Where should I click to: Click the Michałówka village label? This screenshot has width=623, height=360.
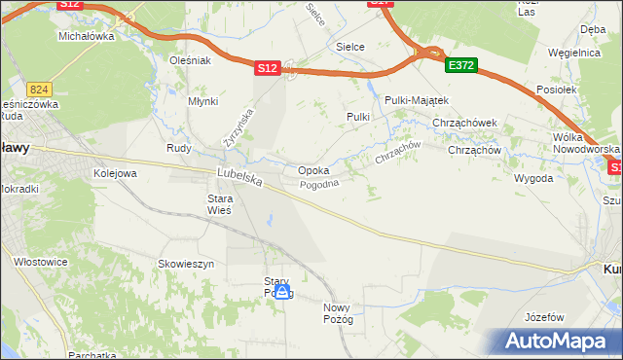[87, 36]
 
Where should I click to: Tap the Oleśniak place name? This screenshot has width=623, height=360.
[190, 60]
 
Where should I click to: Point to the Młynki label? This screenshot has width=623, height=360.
[202, 101]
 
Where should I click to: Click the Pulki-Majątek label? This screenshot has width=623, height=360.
[416, 100]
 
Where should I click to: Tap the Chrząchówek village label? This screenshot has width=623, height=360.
[465, 123]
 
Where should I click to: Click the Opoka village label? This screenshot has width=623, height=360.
[312, 169]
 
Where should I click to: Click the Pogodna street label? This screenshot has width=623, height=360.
[319, 185]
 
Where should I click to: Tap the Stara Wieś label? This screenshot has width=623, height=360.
[219, 204]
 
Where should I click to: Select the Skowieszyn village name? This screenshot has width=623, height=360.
[186, 264]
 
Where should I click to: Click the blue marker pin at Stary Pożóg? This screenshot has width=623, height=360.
[282, 291]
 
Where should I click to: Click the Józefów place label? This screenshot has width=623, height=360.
[544, 318]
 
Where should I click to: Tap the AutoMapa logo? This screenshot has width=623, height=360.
[558, 341]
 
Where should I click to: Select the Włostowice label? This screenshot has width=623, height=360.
[40, 262]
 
